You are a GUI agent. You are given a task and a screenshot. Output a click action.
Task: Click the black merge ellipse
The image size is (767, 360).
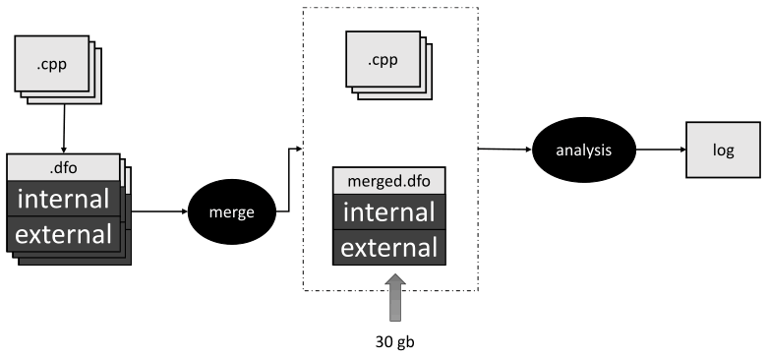coord(231,211)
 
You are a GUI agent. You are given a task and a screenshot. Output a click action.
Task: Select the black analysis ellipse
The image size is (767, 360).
coord(577,150)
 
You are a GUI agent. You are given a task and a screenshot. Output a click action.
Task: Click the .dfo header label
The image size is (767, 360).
coord(63,167)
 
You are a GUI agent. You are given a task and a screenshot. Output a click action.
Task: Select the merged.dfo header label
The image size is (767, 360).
coord(388,182)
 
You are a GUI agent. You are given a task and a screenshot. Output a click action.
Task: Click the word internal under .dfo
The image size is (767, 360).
coord(63,200)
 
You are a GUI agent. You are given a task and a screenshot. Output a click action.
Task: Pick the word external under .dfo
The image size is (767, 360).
coord(63,233)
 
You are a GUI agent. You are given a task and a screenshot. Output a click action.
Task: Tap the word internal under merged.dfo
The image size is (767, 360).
coord(388,212)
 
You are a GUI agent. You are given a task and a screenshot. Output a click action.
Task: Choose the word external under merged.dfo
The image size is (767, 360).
coord(388,247)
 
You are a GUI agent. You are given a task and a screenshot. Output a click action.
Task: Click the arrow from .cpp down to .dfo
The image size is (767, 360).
coord(64,128)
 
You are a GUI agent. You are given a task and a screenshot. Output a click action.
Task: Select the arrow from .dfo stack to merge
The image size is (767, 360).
coord(157,210)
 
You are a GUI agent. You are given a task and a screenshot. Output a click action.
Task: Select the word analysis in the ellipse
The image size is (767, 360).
coord(577,151)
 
